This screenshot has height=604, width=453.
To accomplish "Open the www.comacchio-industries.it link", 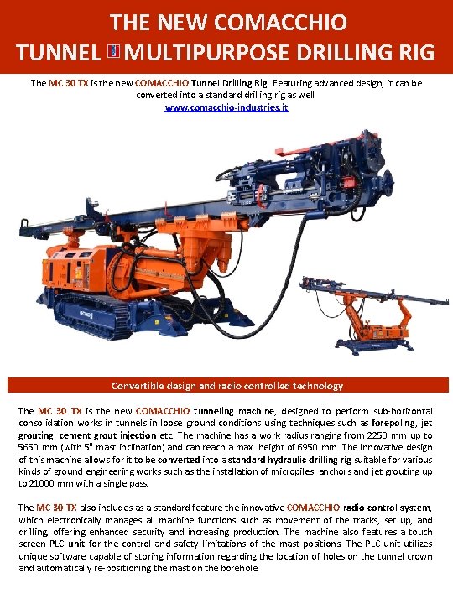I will pyautogui.click(x=226, y=109).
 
